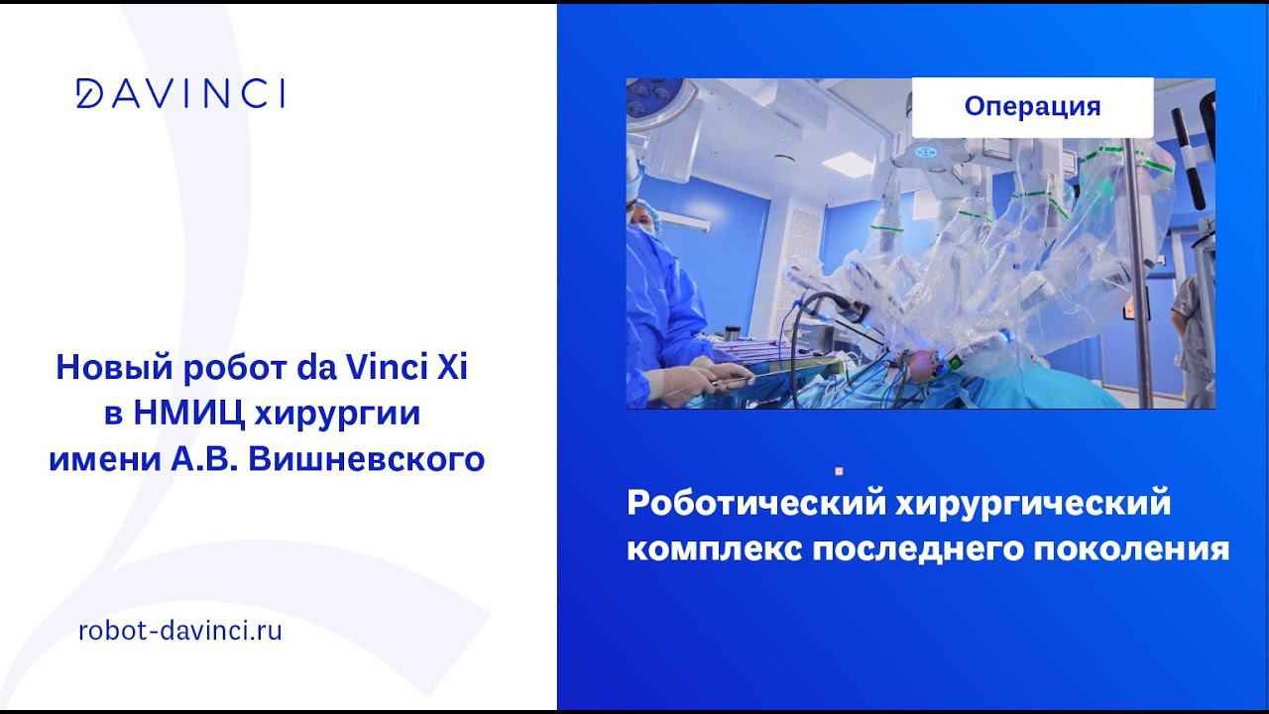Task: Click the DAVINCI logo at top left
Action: (180, 93)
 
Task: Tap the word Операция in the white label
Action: (1032, 106)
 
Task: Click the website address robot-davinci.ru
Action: (180, 630)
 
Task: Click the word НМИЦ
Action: (188, 415)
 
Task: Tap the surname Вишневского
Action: (367, 459)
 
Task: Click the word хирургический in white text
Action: (1033, 504)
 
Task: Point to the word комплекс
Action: (715, 549)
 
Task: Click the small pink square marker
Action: (839, 471)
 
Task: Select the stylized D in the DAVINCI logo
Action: (89, 93)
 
